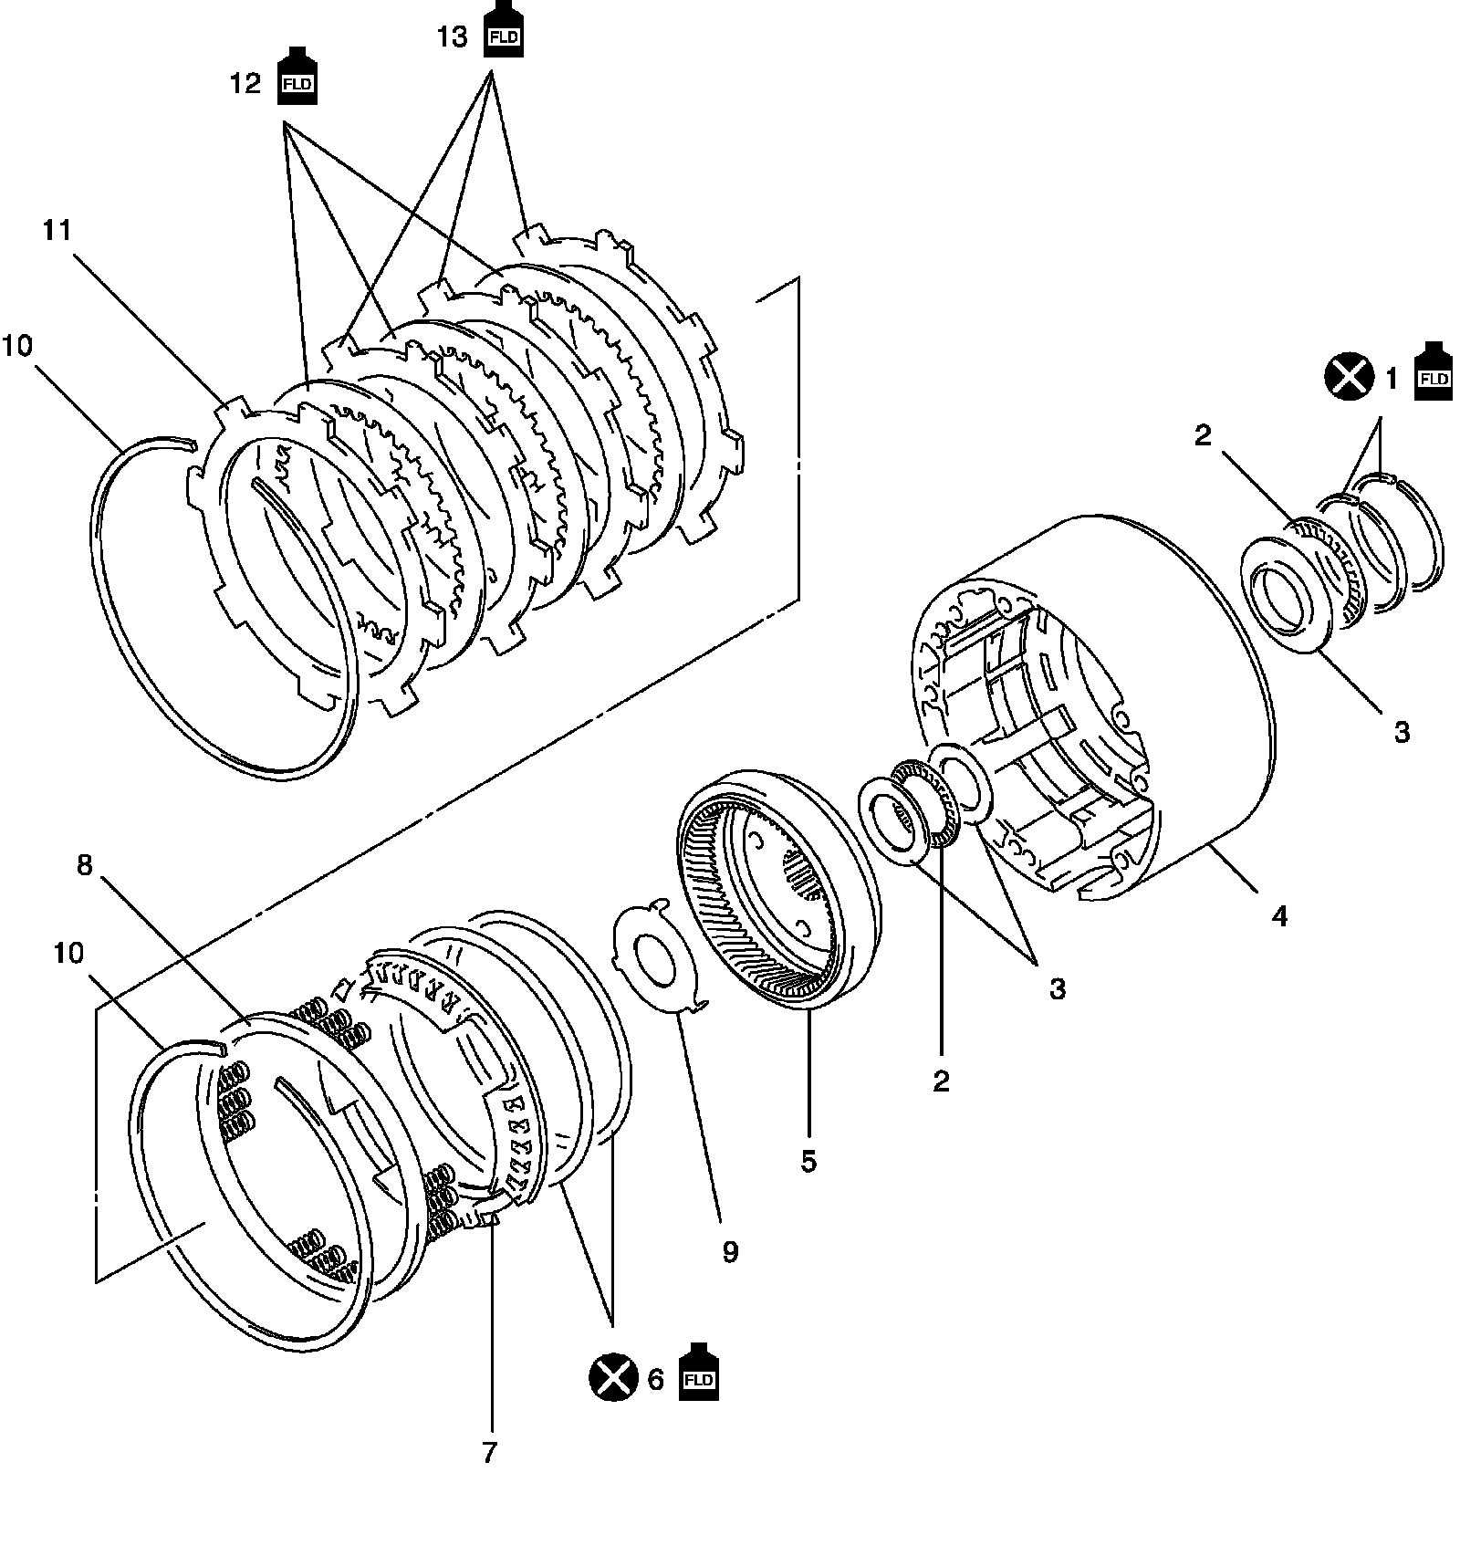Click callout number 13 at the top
(453, 37)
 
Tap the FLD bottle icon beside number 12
(297, 78)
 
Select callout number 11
(57, 230)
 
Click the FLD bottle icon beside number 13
(504, 30)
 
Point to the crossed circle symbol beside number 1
(1349, 377)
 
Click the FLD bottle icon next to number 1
(1433, 372)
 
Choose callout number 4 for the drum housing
(1279, 915)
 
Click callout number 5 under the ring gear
(808, 1162)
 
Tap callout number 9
(730, 1251)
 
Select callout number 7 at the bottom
(490, 1453)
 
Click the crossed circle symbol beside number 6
(614, 1378)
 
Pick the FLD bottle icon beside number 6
(698, 1372)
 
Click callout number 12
(245, 84)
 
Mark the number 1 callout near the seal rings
(1392, 378)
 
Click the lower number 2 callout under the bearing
(942, 1081)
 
